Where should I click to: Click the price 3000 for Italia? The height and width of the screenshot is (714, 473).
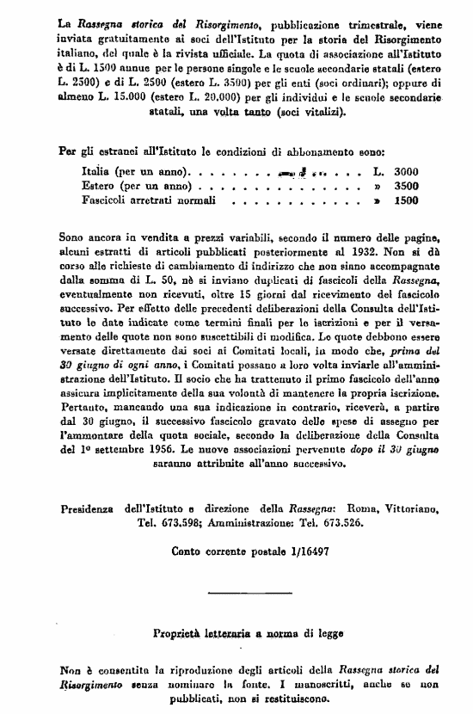tap(403, 171)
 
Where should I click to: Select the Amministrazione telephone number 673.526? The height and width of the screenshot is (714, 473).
tap(362, 521)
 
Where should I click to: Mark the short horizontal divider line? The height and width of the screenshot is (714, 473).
tap(238, 593)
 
